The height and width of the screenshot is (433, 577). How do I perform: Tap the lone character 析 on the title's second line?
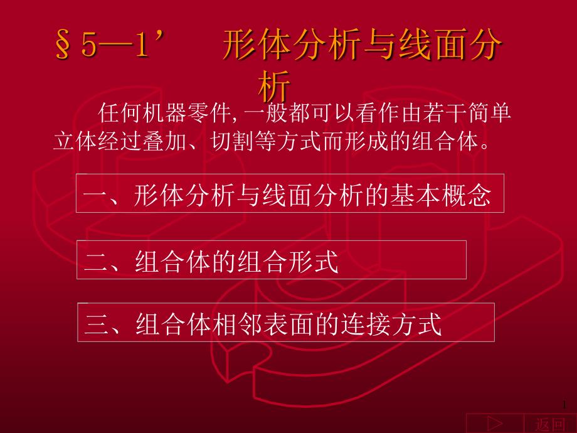pyautogui.click(x=274, y=86)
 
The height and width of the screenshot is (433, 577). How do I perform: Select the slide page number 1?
pyautogui.click(x=564, y=405)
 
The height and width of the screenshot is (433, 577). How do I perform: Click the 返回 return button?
pyautogui.click(x=550, y=424)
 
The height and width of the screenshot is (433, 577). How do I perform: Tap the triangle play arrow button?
pyautogui.click(x=495, y=424)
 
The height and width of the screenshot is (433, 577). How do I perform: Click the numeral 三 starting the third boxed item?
pyautogui.click(x=97, y=323)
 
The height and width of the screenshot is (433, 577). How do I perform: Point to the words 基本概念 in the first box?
pyautogui.click(x=441, y=195)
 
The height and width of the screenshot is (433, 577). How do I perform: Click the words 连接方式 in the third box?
pyautogui.click(x=391, y=324)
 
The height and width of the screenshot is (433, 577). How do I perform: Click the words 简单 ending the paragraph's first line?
pyautogui.click(x=489, y=113)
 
